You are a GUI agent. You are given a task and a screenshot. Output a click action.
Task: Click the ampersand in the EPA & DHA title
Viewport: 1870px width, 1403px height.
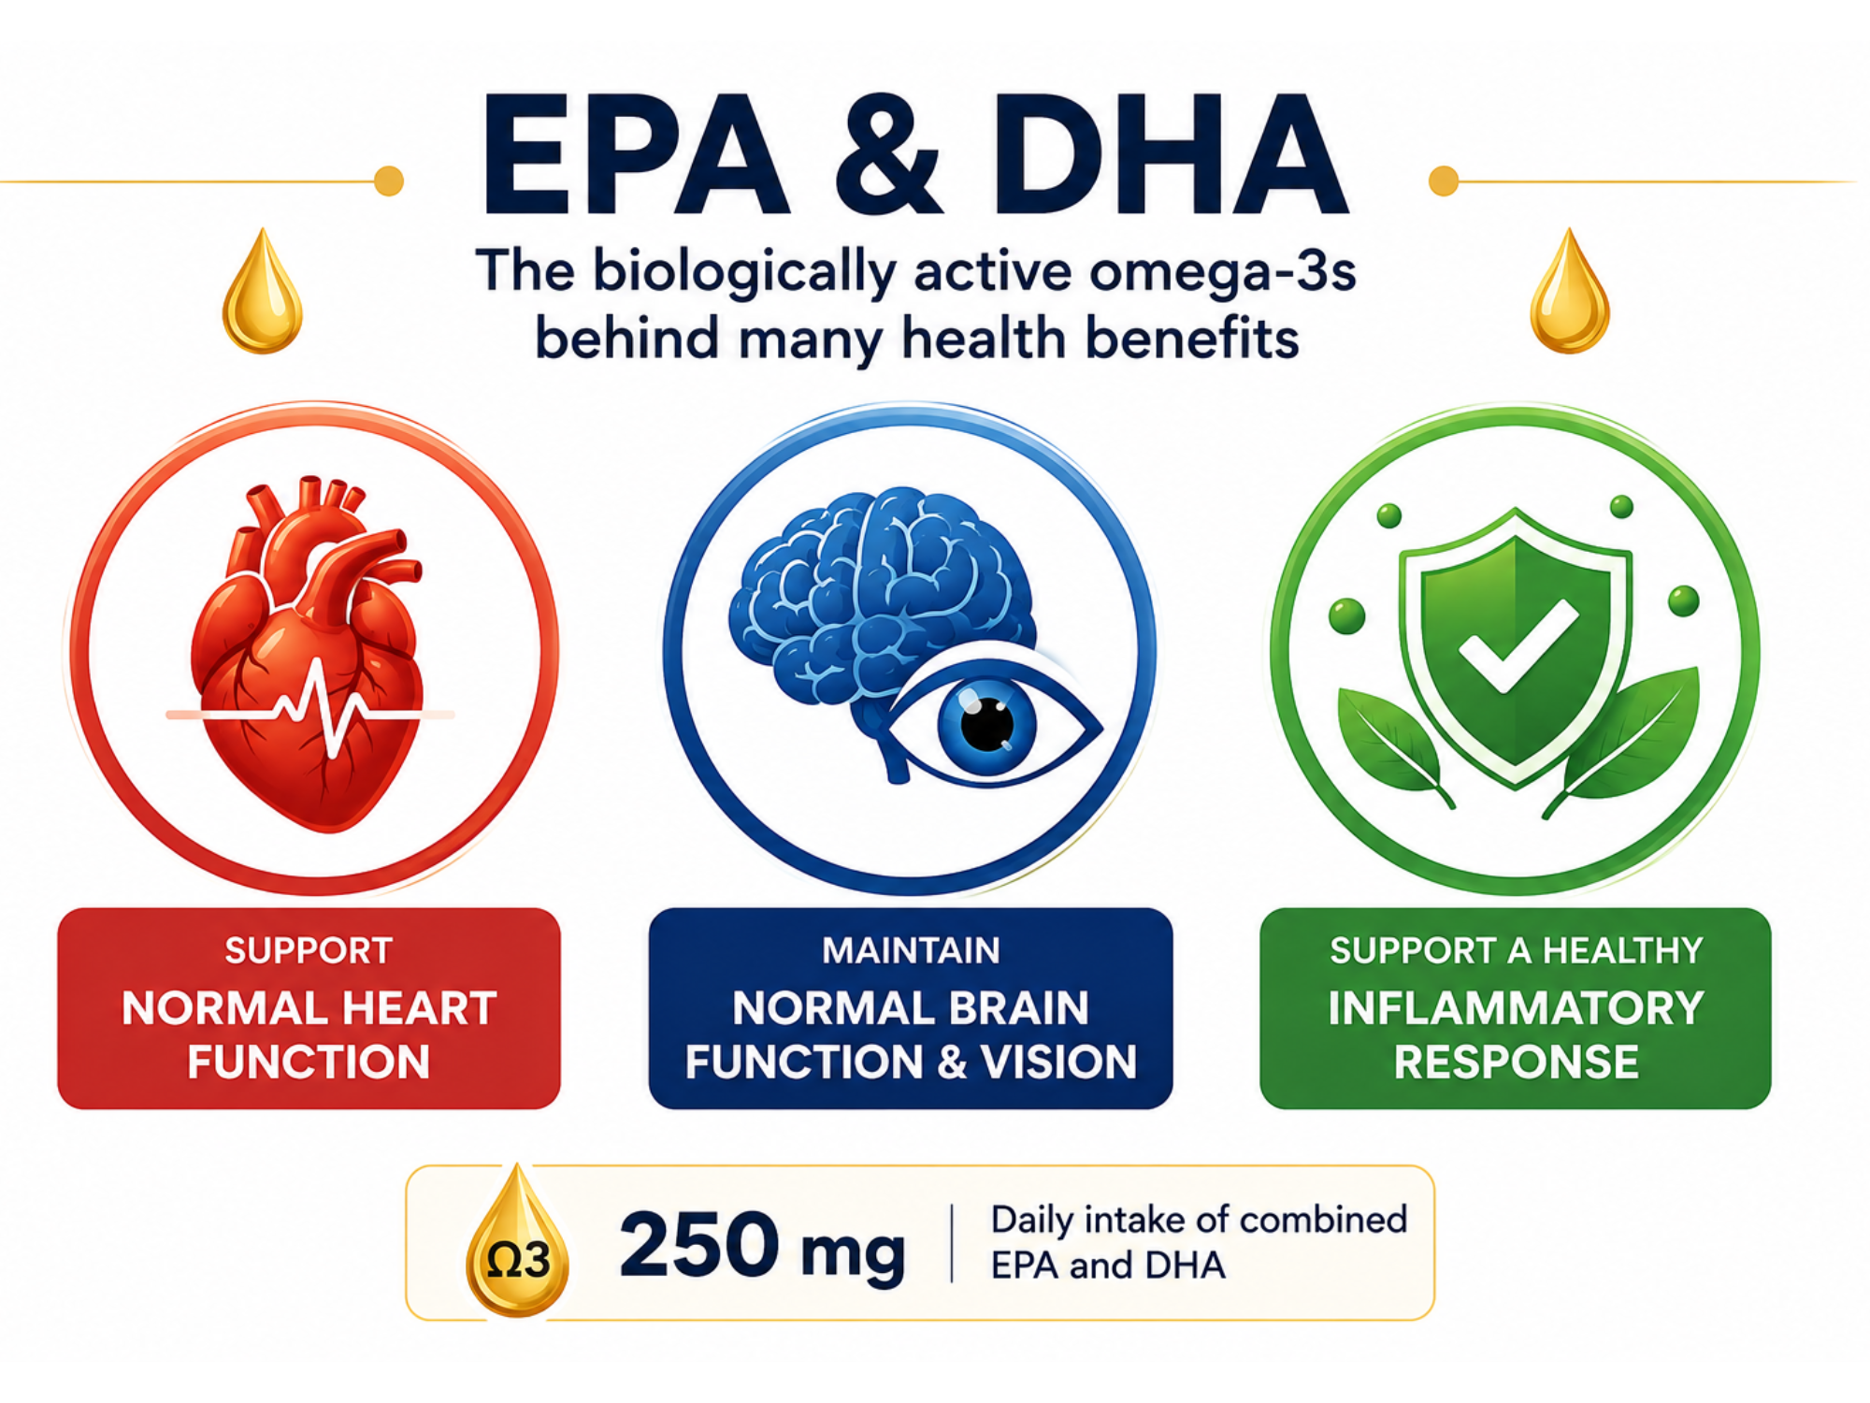coord(888,155)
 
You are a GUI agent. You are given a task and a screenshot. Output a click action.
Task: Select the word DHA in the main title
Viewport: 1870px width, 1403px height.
coord(1170,155)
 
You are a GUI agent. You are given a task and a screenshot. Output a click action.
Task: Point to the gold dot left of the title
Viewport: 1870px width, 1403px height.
coord(389,181)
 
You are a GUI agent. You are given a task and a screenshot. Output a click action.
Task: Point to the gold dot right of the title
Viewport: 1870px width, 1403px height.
coord(1444,181)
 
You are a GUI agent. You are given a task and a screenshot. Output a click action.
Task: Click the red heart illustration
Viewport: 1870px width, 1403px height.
coord(309,655)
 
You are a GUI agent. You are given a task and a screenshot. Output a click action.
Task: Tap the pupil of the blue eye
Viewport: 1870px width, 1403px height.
coord(987,725)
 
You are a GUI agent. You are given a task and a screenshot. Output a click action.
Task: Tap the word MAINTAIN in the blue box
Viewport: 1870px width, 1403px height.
coord(911,950)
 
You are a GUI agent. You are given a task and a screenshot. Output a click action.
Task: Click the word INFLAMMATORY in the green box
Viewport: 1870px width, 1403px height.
coord(1516,1008)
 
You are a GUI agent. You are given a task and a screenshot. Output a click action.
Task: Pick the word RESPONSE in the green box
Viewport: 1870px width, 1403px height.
coord(1516,1062)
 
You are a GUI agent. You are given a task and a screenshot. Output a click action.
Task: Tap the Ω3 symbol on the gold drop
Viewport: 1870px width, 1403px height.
coord(518,1261)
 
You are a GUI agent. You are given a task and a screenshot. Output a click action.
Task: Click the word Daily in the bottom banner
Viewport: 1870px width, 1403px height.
coord(1032,1221)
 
